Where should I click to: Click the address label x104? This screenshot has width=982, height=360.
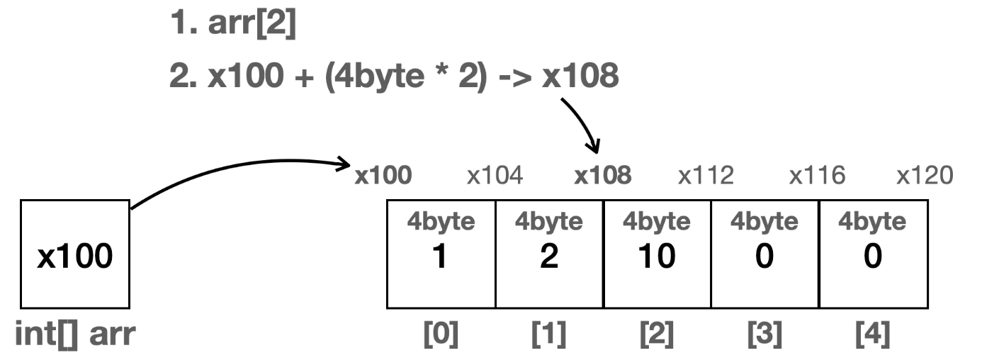point(495,176)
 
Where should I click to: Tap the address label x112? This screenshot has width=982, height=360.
point(706,176)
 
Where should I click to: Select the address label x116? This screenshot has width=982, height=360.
point(817,176)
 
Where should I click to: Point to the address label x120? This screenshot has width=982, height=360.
point(925,176)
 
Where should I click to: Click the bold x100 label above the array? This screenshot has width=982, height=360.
point(383,176)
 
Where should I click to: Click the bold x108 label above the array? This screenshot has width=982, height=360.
point(603,176)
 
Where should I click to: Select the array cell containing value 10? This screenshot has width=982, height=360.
point(657,254)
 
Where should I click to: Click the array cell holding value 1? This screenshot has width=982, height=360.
point(441,254)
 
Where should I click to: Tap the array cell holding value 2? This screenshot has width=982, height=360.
point(549,254)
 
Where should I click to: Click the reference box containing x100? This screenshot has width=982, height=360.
point(75,254)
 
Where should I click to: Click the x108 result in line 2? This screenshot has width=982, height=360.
point(580,75)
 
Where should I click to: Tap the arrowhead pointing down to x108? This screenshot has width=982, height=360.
point(596,147)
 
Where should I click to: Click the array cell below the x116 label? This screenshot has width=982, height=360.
point(764,254)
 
